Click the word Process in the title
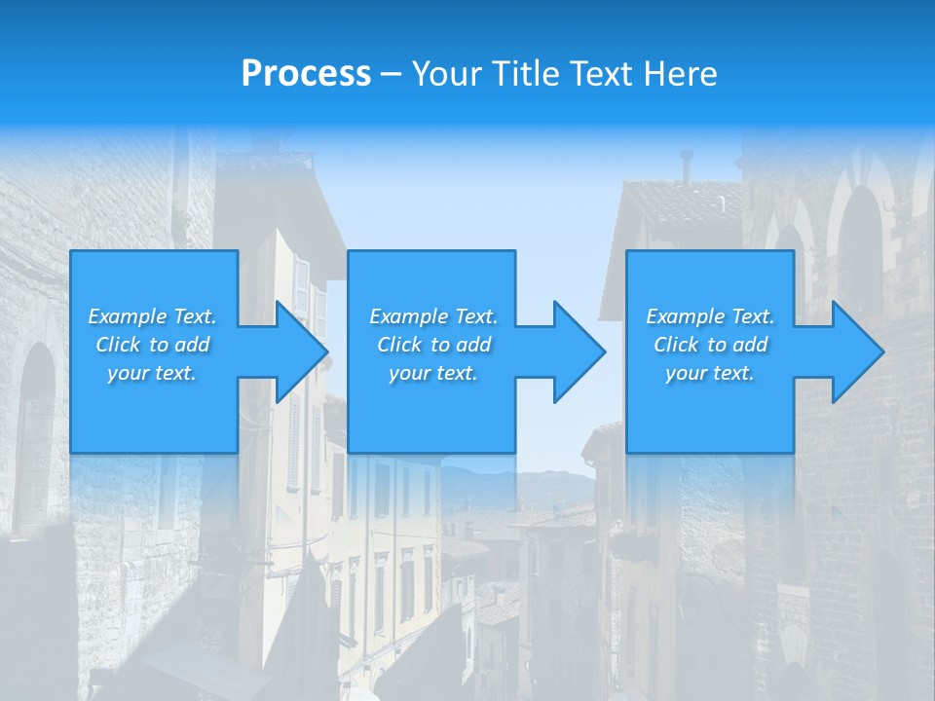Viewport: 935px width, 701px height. pos(306,74)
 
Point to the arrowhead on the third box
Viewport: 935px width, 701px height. pos(856,351)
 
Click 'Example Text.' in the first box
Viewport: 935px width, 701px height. pos(152,316)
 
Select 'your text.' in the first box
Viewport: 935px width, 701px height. pos(152,373)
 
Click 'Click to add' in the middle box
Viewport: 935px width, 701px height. pos(433,345)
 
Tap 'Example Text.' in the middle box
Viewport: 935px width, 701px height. pos(433,316)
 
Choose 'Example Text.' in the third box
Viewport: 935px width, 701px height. pos(710,316)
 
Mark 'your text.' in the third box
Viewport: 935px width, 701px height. pos(710,373)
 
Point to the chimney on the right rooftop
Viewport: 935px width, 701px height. pos(687,166)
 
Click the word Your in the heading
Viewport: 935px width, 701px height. pos(447,74)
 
